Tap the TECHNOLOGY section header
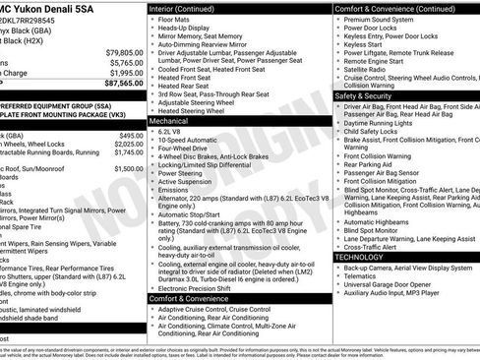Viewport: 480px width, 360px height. point(359,257)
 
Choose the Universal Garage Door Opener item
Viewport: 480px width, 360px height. point(390,283)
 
